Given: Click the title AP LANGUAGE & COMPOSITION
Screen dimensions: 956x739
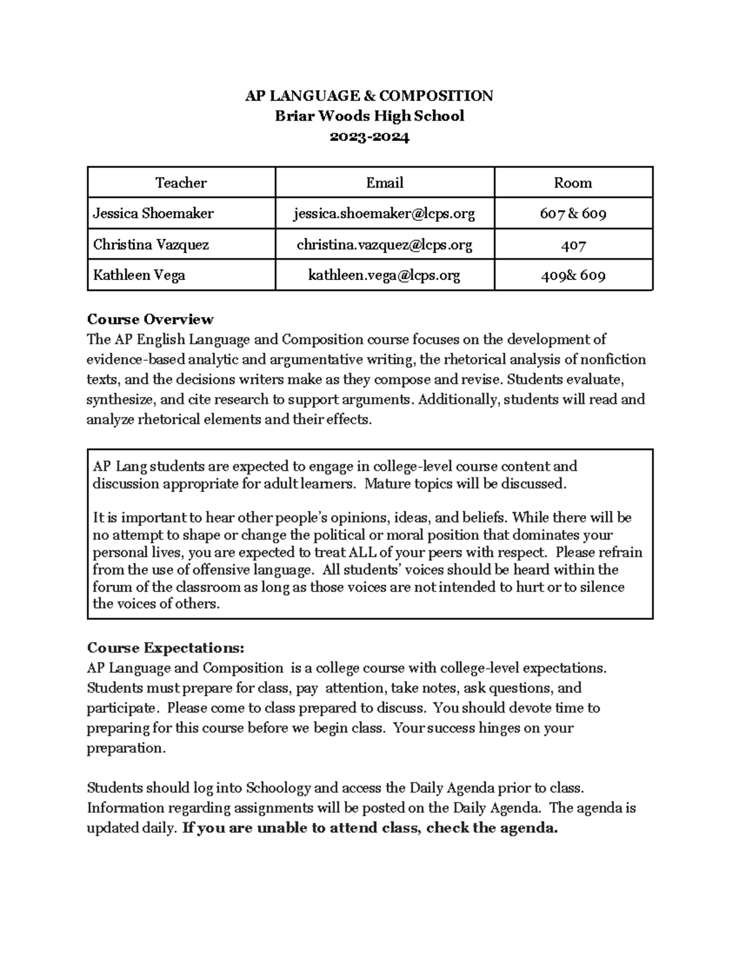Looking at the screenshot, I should coord(369,95).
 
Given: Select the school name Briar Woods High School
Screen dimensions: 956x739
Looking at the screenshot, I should coord(369,116).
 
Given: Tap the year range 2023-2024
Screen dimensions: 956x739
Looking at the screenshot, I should coord(369,137).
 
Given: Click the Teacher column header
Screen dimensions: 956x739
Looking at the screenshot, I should coord(180,182).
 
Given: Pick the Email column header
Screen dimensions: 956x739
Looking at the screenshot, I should coord(384,182).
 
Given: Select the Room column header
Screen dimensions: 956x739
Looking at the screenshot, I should coord(573,182).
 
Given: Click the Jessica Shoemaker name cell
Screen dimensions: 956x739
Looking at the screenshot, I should coord(153,213).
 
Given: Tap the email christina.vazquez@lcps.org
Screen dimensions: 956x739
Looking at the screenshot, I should coord(384,244).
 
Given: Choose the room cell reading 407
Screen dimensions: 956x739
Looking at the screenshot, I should coord(573,245).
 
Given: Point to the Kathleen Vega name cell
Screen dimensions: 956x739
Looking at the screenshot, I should coord(139,275).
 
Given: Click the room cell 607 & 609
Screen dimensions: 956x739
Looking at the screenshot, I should coord(573,214).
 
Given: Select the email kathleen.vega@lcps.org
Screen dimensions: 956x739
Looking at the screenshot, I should coord(384,275).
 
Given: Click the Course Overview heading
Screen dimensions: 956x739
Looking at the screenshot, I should coord(150,319).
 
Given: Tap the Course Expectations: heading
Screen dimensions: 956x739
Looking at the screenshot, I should coord(165,648).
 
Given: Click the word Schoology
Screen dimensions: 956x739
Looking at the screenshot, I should coord(279,788).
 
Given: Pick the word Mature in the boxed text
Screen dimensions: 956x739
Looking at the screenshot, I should coord(386,484).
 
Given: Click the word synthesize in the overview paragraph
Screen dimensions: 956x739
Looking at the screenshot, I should coord(119,400).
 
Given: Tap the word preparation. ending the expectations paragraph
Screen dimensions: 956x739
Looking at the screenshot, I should coord(126,749).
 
